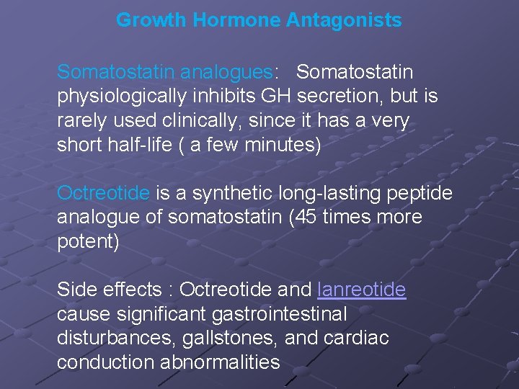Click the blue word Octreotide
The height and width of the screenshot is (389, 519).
point(103,193)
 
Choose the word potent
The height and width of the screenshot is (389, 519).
point(85,241)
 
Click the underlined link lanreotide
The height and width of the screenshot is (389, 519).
point(361,290)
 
